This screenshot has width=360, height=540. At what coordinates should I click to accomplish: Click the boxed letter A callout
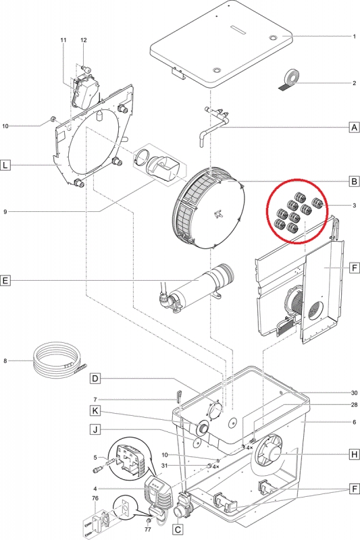pos(354,128)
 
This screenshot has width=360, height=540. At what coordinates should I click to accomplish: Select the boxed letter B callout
pos(354,181)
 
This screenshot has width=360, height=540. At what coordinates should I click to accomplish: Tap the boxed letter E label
pos(5,280)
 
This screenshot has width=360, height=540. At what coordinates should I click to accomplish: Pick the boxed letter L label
pos(5,165)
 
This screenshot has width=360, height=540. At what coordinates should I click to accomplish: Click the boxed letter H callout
pos(354,454)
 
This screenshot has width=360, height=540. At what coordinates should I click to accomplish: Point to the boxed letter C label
pos(178,529)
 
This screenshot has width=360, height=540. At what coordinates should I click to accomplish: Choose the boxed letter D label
pos(95,379)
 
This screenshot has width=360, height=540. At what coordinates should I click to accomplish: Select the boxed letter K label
pos(95,410)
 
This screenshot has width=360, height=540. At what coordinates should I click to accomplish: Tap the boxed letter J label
pos(95,429)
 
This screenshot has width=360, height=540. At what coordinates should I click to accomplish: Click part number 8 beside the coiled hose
pos(5,361)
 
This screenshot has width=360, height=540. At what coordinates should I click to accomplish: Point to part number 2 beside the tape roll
pos(354,83)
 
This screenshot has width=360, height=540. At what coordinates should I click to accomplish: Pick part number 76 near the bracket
pos(95,498)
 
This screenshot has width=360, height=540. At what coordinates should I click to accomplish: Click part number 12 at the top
pos(84,40)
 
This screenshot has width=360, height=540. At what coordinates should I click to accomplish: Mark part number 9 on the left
pos(5,212)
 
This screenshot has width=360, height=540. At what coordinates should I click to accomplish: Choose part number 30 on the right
pos(354,393)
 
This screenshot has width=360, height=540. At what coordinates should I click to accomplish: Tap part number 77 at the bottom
pos(148,529)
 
